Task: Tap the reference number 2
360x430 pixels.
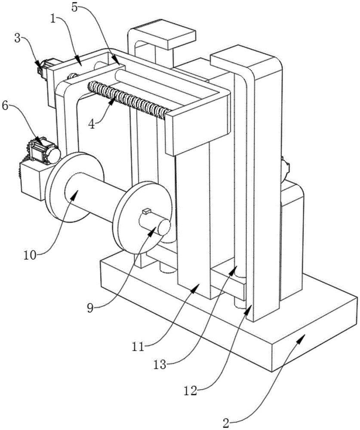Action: [x=226, y=423]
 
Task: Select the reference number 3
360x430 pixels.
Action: [x=18, y=38]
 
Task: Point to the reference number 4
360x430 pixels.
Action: [x=91, y=124]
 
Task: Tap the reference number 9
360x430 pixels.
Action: [x=91, y=308]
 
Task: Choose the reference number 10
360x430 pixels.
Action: [x=30, y=255]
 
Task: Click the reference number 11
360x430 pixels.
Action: [x=138, y=347]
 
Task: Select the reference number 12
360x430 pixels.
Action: [x=191, y=391]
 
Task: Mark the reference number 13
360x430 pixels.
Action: [x=160, y=365]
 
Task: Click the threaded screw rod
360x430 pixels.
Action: [x=129, y=100]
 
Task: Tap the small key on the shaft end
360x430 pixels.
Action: [x=147, y=211]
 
